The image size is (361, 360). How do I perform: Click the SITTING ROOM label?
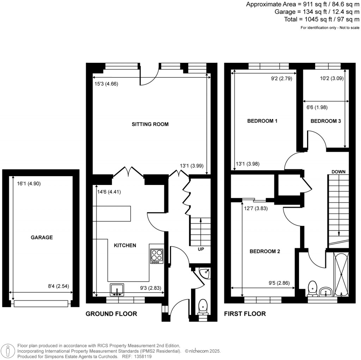click(150, 124)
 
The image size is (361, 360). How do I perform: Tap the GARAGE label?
click(42, 238)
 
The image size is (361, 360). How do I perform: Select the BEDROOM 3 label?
click(325, 121)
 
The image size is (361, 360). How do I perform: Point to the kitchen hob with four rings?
click(157, 257)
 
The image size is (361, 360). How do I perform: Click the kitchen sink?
click(117, 290)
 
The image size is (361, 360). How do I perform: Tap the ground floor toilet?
click(203, 306)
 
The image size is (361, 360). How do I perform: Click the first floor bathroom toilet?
click(312, 288)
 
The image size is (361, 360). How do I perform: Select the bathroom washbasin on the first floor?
click(326, 292)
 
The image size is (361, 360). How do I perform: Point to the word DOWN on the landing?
click(338, 172)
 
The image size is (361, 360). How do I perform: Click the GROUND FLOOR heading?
click(111, 314)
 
